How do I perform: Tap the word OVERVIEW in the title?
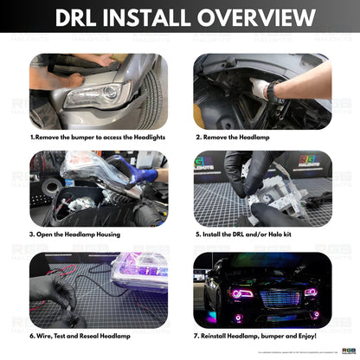(x=257, y=18)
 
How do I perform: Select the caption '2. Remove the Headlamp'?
(x=236, y=137)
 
